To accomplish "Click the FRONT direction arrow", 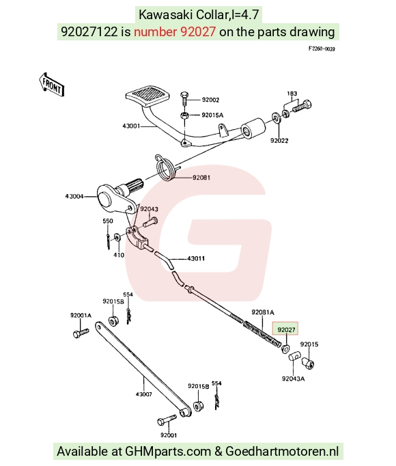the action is tap(51, 85).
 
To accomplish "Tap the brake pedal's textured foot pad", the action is tap(147, 96).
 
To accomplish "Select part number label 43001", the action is tap(131, 126).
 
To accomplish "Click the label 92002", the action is tap(210, 100).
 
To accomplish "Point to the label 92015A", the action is tap(212, 115).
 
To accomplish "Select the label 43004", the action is tap(74, 196).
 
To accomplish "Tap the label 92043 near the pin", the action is tap(149, 209).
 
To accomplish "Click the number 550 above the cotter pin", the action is tap(108, 221).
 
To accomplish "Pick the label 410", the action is tap(119, 255).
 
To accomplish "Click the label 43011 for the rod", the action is tap(196, 258).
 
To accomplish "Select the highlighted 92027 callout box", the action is tap(285, 329).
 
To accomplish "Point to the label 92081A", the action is tap(263, 312).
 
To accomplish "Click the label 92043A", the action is tap(293, 379).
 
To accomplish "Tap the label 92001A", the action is tap(81, 315).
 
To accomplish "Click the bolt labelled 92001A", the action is tap(81, 333).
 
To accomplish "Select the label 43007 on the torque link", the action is tap(144, 394).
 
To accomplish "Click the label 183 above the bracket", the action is tap(292, 94).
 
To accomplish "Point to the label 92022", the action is tap(279, 140).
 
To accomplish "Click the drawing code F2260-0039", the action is tap(322, 49).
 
